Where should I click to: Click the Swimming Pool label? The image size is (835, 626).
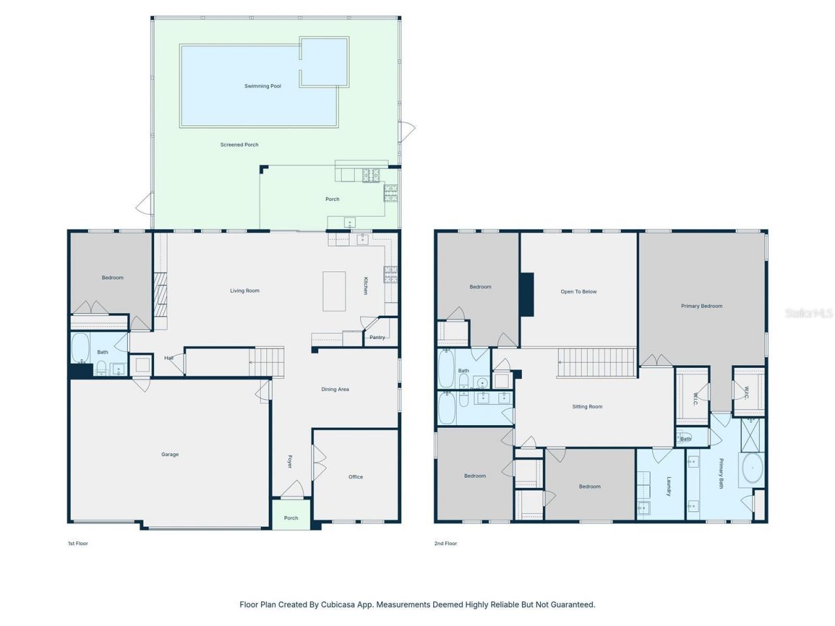(262, 86)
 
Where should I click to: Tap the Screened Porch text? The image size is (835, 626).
(239, 145)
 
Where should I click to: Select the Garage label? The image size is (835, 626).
(170, 455)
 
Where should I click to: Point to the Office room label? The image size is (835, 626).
(356, 477)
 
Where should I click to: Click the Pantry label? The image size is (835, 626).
(377, 337)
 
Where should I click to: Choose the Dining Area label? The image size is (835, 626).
(335, 389)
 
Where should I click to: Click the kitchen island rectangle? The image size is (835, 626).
(334, 291)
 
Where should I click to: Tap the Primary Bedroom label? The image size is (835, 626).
(701, 306)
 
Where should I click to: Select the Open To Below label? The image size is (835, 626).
(579, 291)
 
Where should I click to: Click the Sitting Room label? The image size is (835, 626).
(587, 407)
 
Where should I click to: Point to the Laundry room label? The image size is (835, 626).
(669, 486)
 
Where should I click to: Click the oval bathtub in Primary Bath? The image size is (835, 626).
(752, 469)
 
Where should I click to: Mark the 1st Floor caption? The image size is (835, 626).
(78, 543)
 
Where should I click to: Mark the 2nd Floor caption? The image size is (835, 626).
(446, 543)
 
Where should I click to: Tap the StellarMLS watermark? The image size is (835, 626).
(809, 313)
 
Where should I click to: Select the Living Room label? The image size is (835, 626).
(245, 291)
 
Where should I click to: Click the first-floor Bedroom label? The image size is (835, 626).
(112, 278)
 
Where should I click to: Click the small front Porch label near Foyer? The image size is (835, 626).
(291, 518)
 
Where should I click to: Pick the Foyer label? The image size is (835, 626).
(290, 461)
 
